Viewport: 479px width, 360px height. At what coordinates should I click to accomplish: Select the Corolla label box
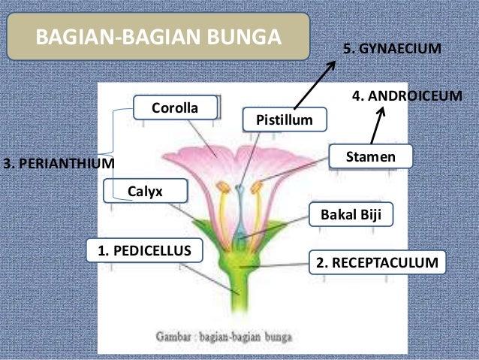tap(175, 108)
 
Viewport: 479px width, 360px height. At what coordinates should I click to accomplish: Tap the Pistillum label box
tap(277, 119)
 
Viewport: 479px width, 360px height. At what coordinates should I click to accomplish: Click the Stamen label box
tap(371, 156)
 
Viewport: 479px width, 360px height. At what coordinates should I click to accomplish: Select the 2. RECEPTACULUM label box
tap(376, 262)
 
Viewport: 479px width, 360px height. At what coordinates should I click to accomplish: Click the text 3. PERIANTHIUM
tap(59, 162)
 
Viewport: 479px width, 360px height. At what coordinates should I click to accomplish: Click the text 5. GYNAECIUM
tap(390, 49)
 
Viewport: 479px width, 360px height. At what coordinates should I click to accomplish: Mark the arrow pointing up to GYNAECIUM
tap(315, 83)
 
